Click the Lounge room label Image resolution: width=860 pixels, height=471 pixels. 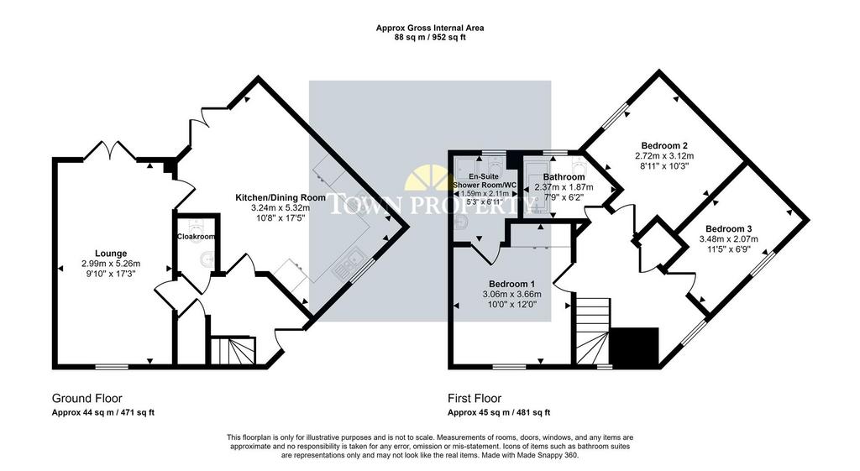pyautogui.click(x=111, y=254)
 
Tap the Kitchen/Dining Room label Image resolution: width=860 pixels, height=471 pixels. pyautogui.click(x=281, y=197)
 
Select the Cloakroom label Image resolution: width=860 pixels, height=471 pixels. pyautogui.click(x=196, y=237)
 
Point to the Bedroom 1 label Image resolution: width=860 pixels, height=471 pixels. pyautogui.click(x=511, y=284)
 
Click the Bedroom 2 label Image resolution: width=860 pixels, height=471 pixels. pyautogui.click(x=664, y=146)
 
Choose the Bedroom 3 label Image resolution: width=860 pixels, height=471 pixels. pyautogui.click(x=728, y=229)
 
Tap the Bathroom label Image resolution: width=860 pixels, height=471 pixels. pyautogui.click(x=564, y=177)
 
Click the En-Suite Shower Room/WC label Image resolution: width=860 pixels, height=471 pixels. pyautogui.click(x=485, y=181)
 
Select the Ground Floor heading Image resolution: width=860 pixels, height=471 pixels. pyautogui.click(x=87, y=399)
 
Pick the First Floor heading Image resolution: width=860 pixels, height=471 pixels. pyautogui.click(x=475, y=399)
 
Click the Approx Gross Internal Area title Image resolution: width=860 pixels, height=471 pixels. pyautogui.click(x=430, y=28)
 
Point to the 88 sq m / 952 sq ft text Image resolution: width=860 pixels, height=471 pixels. pyautogui.click(x=430, y=37)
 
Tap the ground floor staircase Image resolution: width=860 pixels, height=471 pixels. pyautogui.click(x=233, y=351)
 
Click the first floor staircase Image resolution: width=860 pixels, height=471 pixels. pyautogui.click(x=593, y=331)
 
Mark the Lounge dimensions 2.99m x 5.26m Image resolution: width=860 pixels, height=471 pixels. pyautogui.click(x=111, y=263)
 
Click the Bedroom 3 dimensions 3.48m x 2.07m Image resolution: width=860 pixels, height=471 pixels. pyautogui.click(x=728, y=239)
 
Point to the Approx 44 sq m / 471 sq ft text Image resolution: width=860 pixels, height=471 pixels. pyautogui.click(x=103, y=413)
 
